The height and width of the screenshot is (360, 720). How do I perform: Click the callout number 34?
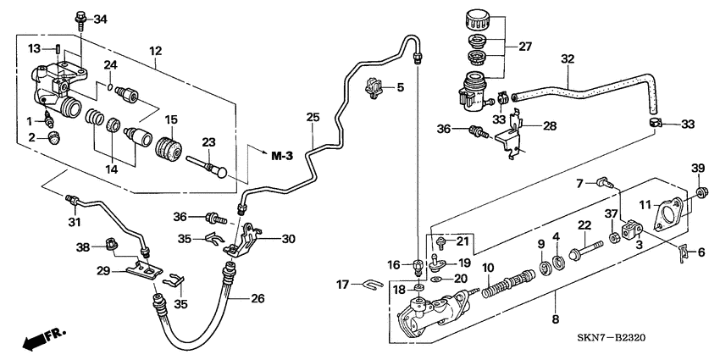(101, 19)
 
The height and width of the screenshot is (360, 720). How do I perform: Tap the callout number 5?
(402, 86)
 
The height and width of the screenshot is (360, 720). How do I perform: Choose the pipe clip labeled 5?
(374, 85)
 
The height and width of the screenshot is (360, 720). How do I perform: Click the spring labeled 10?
(500, 284)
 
